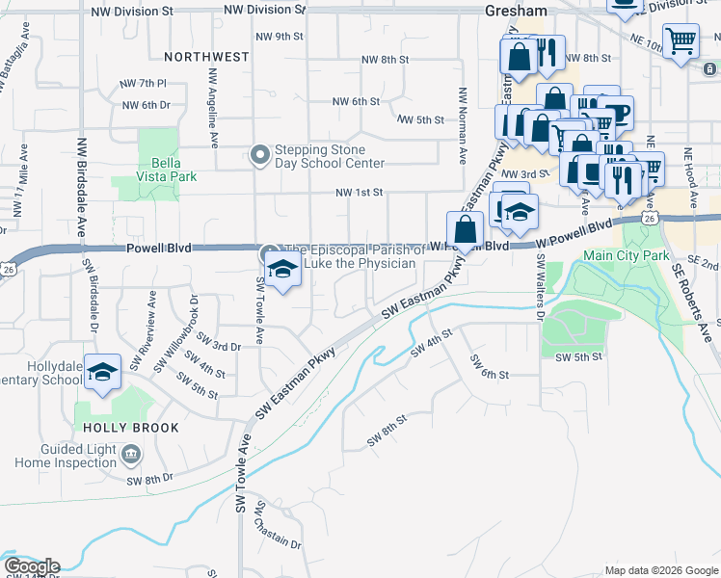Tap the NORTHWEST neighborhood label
click(206, 57)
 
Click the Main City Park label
click(626, 256)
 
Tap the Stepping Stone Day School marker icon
click(258, 155)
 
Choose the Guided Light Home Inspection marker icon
click(132, 453)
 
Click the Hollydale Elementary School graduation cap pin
click(101, 373)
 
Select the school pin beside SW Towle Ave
click(282, 269)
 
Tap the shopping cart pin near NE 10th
click(681, 41)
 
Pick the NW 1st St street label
click(360, 193)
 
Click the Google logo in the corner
click(32, 565)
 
